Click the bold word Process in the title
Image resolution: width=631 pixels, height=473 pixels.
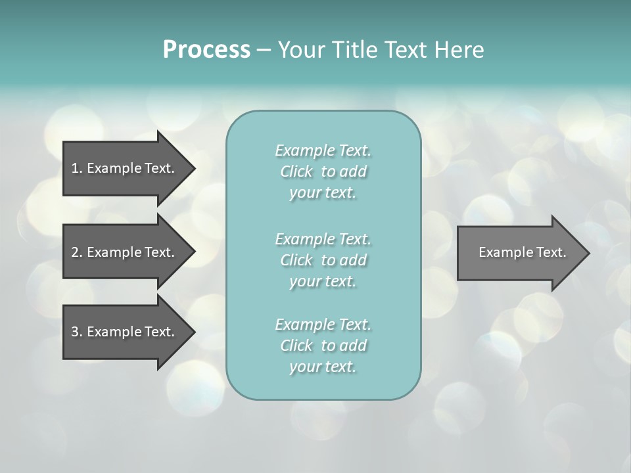(206, 50)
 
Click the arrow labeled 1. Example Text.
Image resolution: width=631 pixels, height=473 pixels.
(123, 168)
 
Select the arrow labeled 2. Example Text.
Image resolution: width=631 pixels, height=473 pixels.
(123, 252)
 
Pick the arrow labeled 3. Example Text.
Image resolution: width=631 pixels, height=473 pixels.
(123, 332)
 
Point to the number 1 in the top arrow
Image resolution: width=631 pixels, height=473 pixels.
(75, 168)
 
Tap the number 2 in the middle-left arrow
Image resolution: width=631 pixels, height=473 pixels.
(75, 252)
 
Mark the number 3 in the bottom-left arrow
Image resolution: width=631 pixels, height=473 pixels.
(75, 332)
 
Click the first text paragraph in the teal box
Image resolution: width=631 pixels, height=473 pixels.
(323, 171)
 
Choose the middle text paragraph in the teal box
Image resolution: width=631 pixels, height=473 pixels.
(323, 259)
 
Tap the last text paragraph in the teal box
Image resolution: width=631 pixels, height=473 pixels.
(323, 346)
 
